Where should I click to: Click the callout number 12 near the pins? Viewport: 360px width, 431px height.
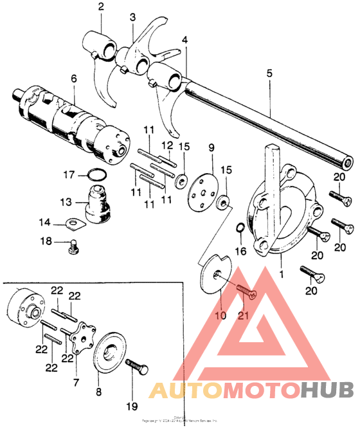(166, 145)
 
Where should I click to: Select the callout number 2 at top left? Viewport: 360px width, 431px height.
(100, 7)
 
